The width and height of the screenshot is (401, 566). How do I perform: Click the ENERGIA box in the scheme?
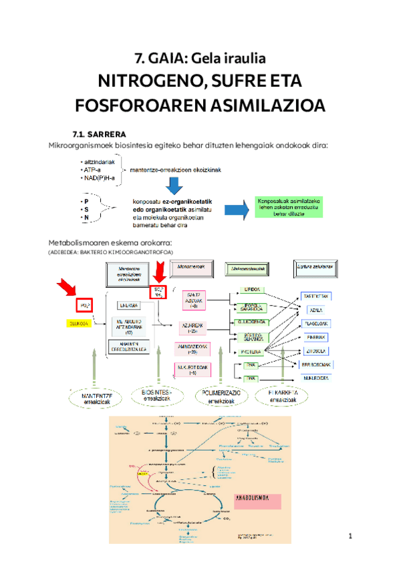pos(130,306)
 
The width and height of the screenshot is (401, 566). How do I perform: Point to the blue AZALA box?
pos(316,310)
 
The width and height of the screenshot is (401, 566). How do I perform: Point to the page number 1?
pos(349,537)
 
